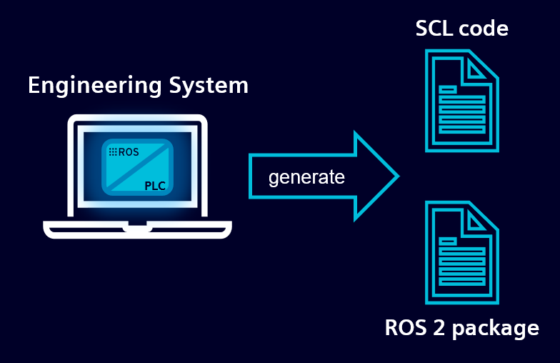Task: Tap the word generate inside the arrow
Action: click(306, 176)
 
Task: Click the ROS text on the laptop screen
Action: click(129, 152)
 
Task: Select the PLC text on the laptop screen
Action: click(155, 186)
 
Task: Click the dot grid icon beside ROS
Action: click(112, 152)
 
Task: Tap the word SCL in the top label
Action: click(435, 29)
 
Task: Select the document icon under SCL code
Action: click(461, 100)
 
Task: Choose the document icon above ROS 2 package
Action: click(461, 252)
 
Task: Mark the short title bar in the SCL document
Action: click(448, 89)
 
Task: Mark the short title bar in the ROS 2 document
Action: click(448, 242)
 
